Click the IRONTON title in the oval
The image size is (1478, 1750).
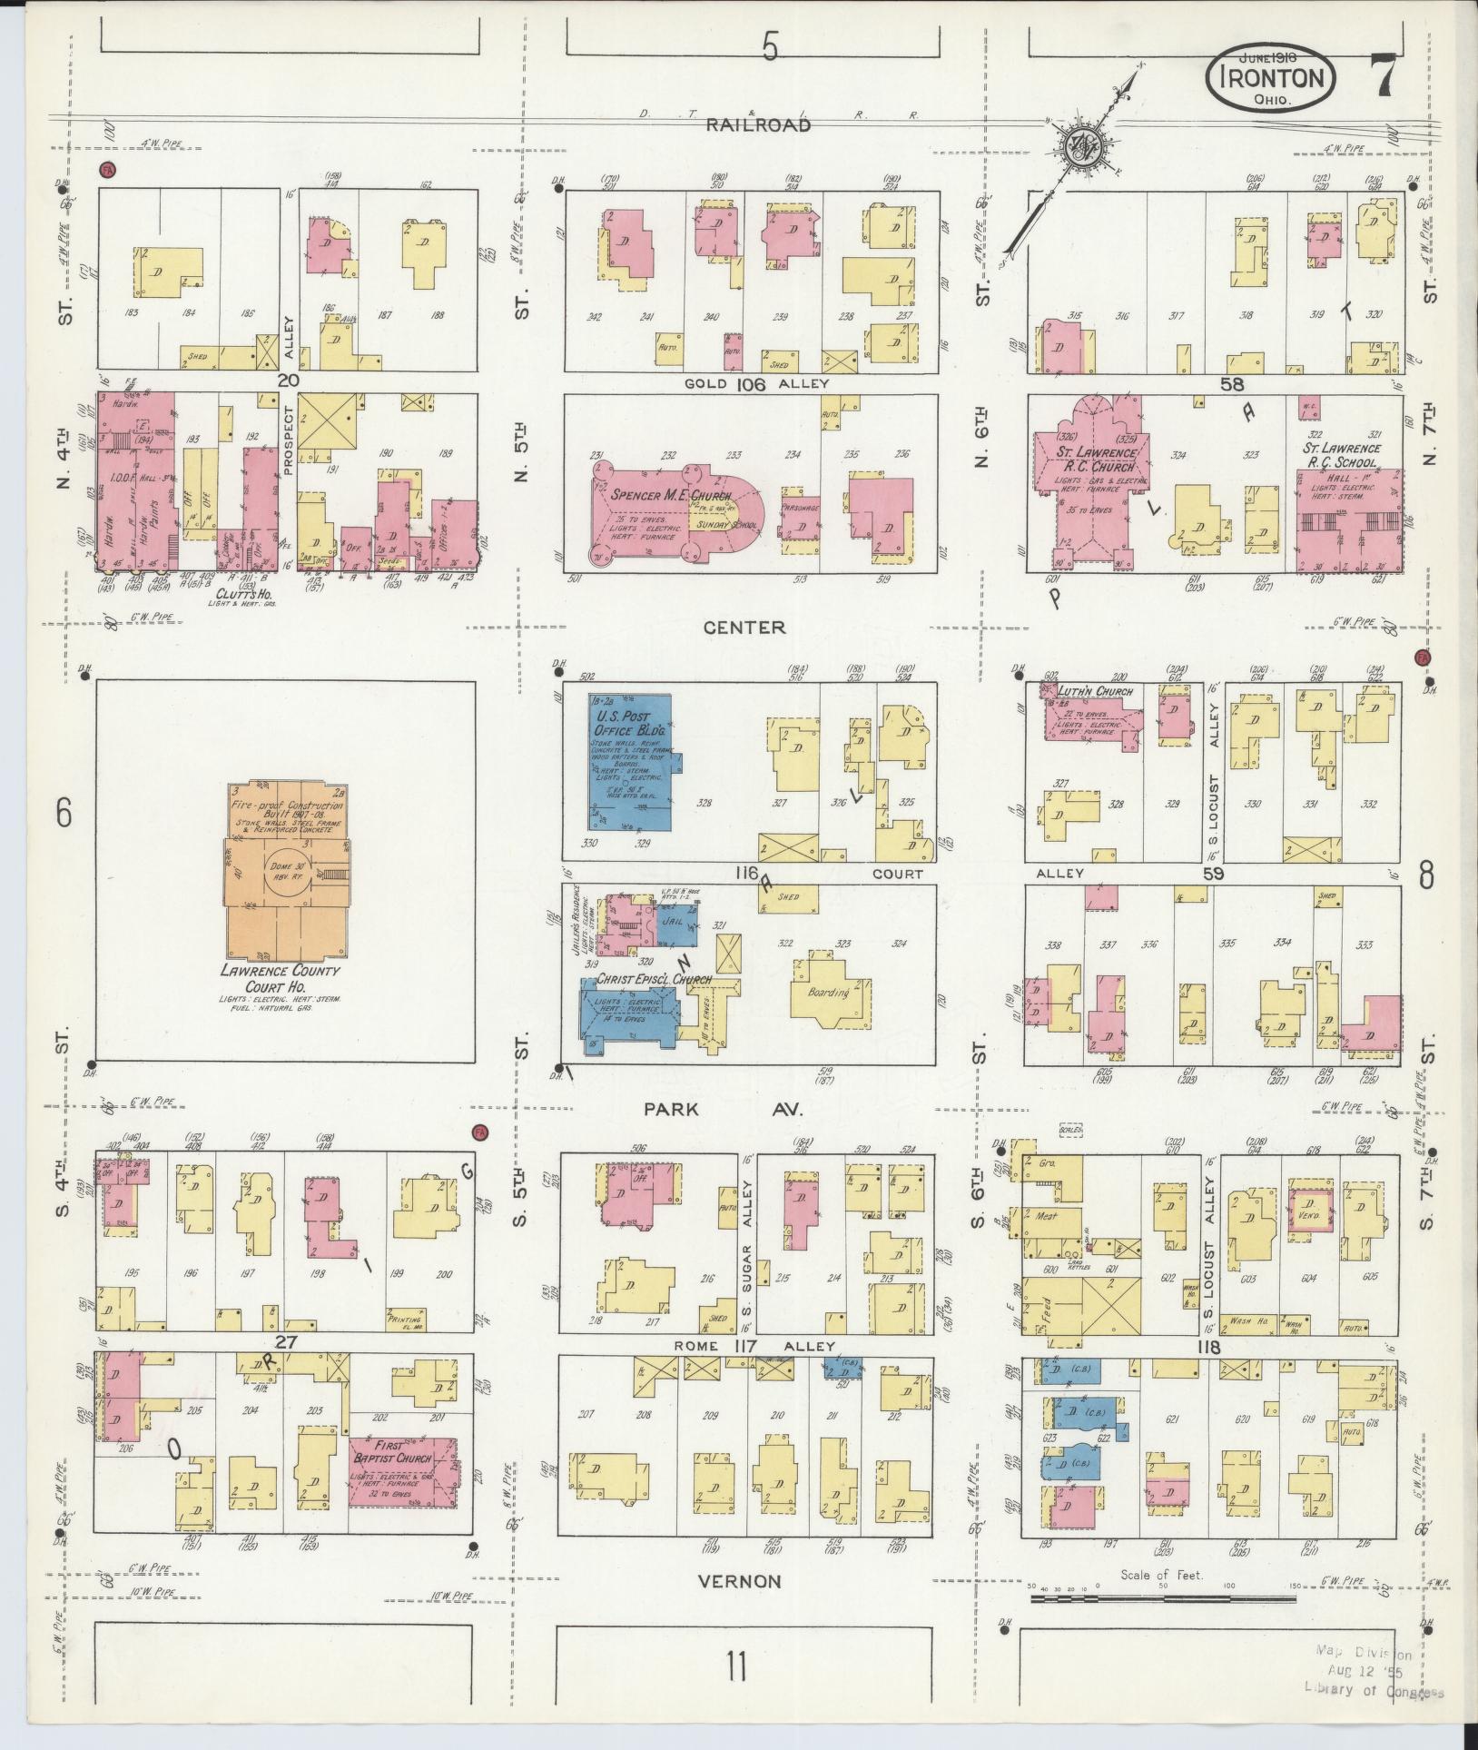[1271, 78]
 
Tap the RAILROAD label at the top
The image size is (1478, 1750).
[759, 126]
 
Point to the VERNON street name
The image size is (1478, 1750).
[739, 1581]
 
